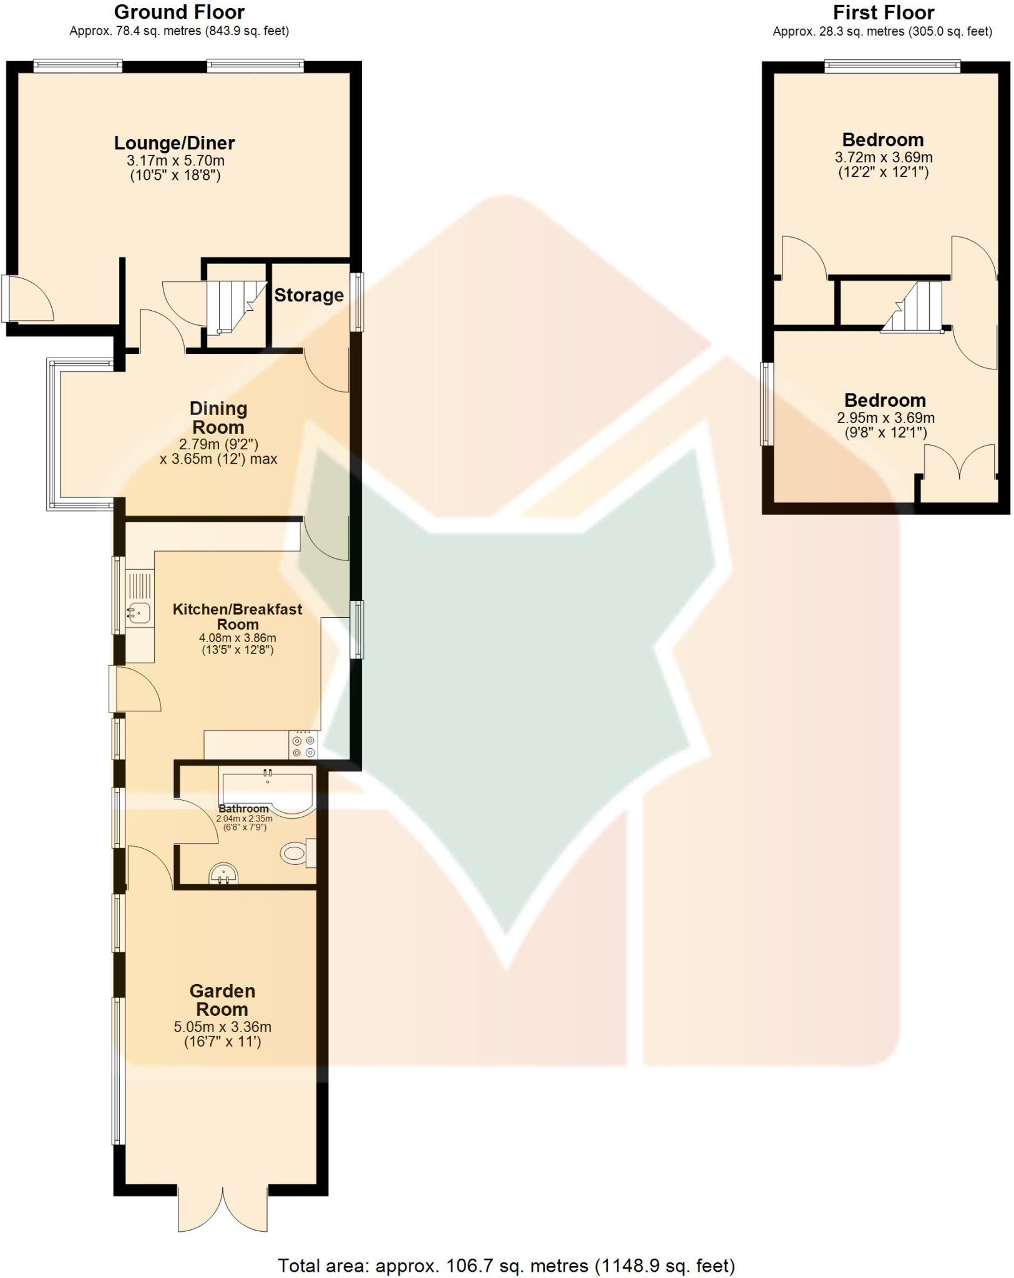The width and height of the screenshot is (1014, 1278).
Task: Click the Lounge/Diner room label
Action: point(174,143)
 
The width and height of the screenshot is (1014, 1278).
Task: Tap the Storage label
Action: point(309,295)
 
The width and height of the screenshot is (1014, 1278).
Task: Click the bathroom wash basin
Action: point(223,874)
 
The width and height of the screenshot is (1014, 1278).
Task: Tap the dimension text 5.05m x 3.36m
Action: point(222,1027)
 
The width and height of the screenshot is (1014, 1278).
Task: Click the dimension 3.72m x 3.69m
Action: point(884,158)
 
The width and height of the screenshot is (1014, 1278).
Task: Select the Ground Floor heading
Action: point(179,12)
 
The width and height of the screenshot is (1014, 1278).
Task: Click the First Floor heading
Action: point(883,12)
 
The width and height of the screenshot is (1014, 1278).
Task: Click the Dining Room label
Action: point(218,418)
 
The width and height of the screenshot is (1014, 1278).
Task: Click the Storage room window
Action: point(357,301)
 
